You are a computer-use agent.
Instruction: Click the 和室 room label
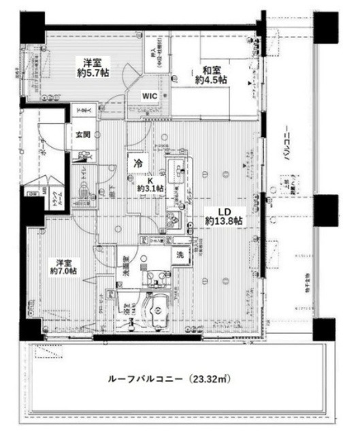pos(210,69)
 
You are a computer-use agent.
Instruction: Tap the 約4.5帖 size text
pos(211,80)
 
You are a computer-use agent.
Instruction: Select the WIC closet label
pos(150,96)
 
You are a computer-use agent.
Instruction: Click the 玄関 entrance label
pos(82,134)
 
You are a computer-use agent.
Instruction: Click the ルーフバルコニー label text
pos(143,379)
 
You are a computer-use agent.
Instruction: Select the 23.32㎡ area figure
pos(210,379)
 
